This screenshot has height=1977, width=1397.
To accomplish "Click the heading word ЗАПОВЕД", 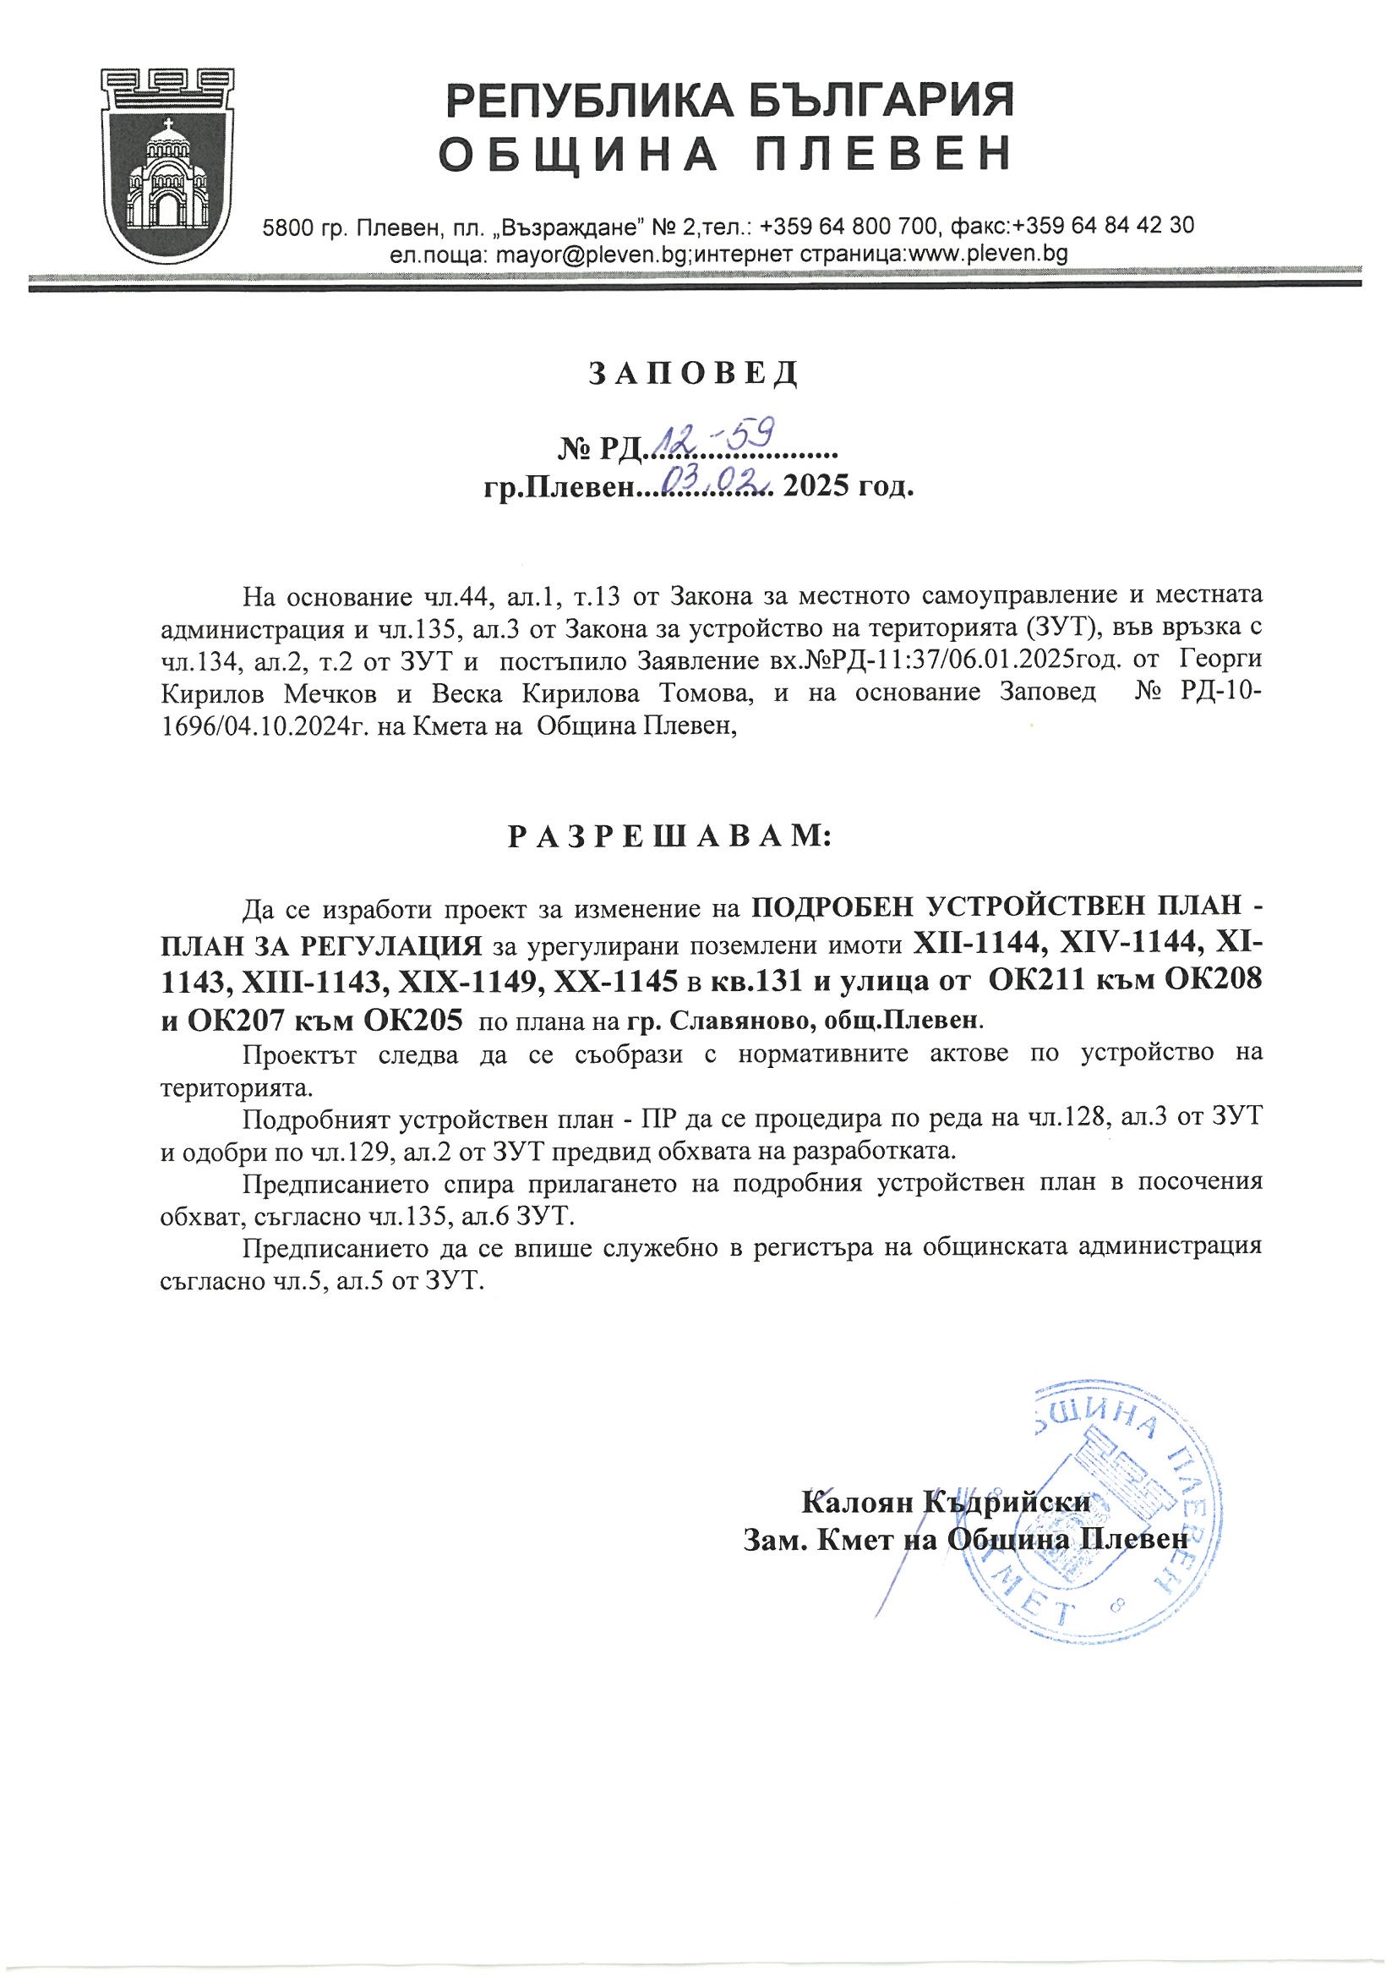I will (x=694, y=373).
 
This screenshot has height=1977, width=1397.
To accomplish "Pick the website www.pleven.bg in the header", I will (x=988, y=253).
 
